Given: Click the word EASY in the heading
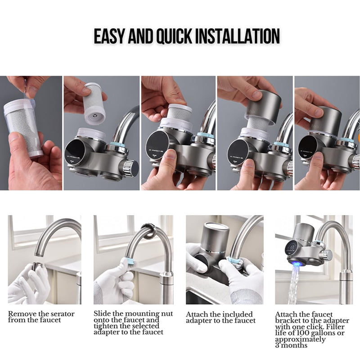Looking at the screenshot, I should [110, 36].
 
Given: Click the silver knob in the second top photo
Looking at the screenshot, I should [132, 167].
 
